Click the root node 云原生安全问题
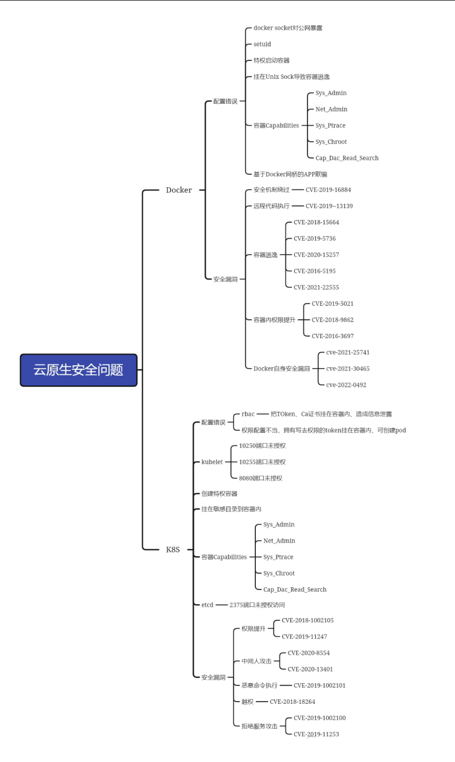79,370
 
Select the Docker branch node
179,190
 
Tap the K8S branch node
173,549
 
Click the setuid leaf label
262,44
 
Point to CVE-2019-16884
328,189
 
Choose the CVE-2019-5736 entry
314,239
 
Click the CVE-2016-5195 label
314,271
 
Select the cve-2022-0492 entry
346,385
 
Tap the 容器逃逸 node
265,255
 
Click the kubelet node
212,462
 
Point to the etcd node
207,605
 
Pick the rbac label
248,414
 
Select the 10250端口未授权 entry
262,446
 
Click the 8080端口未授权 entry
261,478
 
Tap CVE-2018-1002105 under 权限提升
308,620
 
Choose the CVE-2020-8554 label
309,653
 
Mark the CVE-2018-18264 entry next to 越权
292,702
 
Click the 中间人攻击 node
256,661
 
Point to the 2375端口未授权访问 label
257,605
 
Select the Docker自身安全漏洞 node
281,368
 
